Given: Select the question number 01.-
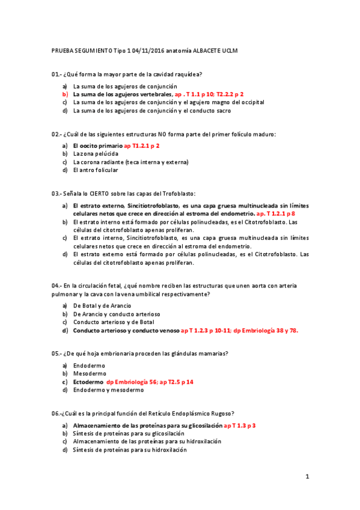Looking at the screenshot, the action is tap(56, 74).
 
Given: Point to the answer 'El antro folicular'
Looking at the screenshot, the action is tap(96, 170).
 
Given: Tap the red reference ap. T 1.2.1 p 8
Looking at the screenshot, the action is tap(275, 214).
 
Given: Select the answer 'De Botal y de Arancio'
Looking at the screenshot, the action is tap(102, 306).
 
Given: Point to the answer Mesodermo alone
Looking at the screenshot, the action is tap(90, 373).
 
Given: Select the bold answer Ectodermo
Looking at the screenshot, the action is tap(88, 382).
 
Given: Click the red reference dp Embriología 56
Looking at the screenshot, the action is tap(137, 382).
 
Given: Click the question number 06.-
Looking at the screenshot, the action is tap(56, 413).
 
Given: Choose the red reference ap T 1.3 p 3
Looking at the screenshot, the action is tap(240, 425).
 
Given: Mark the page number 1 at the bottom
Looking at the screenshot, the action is tap(307, 477).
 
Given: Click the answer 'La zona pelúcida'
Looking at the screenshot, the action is tap(96, 154).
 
